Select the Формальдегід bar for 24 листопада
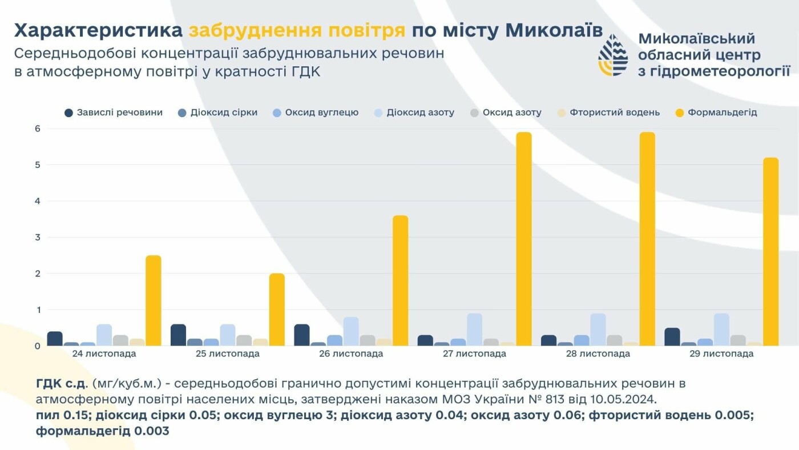pos(154,300)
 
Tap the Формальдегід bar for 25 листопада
pos(277,310)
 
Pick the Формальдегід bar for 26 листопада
pos(400,280)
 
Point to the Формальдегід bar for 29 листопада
pos(770,251)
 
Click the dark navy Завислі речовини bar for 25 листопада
pos(178,335)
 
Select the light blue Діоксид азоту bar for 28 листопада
pos(598,330)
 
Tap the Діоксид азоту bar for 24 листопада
pos(104,335)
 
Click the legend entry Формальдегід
pos(722,112)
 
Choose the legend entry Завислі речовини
pos(119,112)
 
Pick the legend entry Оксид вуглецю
pos(321,112)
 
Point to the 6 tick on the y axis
pos(37,128)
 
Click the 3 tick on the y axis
pos(37,237)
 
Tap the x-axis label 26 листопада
pos(351,354)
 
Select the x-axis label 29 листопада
pos(721,354)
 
